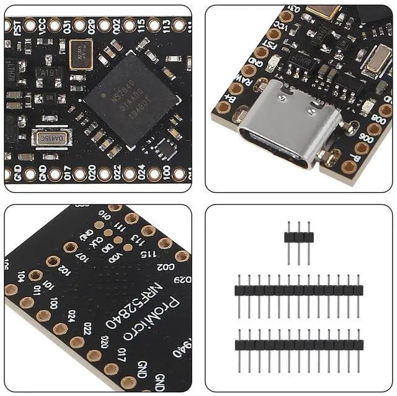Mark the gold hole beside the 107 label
point(71,248)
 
